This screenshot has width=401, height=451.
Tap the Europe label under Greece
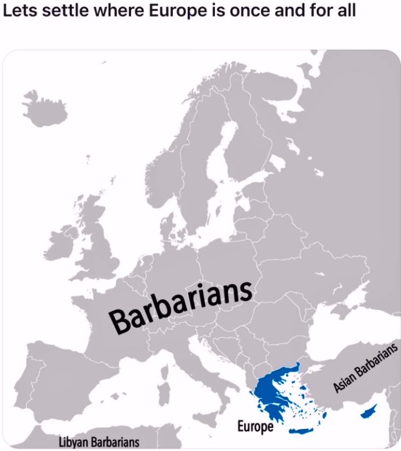(x=255, y=427)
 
